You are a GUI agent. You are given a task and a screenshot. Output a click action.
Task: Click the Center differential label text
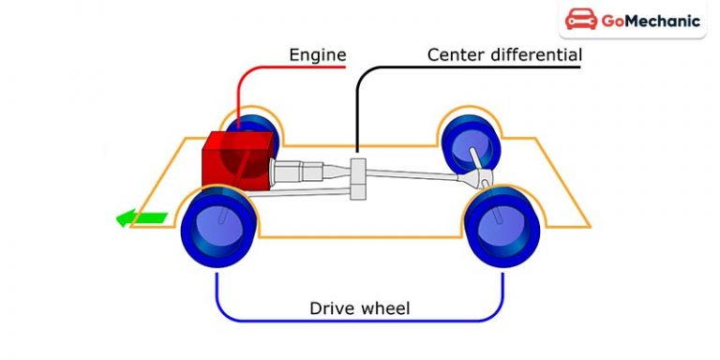[x=504, y=55]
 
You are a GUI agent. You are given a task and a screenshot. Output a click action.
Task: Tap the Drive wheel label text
[x=359, y=308]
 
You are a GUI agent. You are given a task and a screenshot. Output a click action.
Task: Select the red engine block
[x=239, y=159]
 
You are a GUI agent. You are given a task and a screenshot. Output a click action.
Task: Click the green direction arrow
[x=141, y=219]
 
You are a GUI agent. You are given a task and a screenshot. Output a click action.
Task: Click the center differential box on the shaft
[x=357, y=178]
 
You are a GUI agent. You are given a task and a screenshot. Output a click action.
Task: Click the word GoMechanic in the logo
[x=653, y=22]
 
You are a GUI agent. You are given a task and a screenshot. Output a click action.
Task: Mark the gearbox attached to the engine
[x=298, y=173]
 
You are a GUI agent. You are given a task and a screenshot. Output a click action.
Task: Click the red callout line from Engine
[x=246, y=84]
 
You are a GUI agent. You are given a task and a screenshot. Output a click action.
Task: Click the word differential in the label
[x=533, y=55]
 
